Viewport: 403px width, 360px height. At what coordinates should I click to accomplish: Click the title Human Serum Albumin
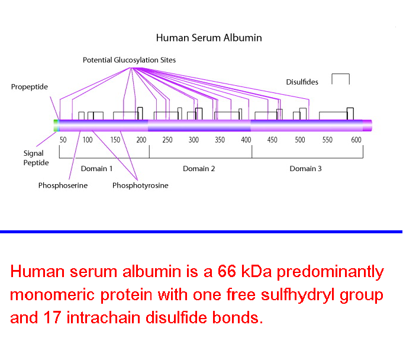(209, 38)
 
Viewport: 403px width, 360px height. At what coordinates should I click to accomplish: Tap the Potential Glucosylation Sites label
(129, 60)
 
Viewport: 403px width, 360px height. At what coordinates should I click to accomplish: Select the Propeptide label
(30, 87)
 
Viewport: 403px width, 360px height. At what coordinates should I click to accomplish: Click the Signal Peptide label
(36, 158)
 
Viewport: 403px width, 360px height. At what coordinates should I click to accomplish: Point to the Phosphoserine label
(63, 185)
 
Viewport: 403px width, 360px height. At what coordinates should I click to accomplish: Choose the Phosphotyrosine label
(140, 185)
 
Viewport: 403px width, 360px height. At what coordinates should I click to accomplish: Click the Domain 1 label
(96, 169)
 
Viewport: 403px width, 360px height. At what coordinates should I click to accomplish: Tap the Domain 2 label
(199, 169)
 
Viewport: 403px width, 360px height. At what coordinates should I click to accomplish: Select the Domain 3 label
(305, 169)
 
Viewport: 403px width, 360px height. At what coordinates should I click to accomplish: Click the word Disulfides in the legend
(302, 82)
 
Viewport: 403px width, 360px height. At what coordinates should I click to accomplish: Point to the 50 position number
(63, 140)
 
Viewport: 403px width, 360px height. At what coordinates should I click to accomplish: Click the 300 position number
(194, 140)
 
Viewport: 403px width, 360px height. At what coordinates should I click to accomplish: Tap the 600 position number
(356, 140)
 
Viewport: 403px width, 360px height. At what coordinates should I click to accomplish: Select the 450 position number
(272, 140)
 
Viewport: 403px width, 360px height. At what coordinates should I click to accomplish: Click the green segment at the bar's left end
(56, 126)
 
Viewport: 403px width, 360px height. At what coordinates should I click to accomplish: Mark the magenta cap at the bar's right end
(367, 126)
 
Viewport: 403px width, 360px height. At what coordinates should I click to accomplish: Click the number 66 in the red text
(227, 271)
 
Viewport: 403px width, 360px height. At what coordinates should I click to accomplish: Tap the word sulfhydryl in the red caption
(298, 295)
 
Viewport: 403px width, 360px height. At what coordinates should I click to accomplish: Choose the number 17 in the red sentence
(52, 317)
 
